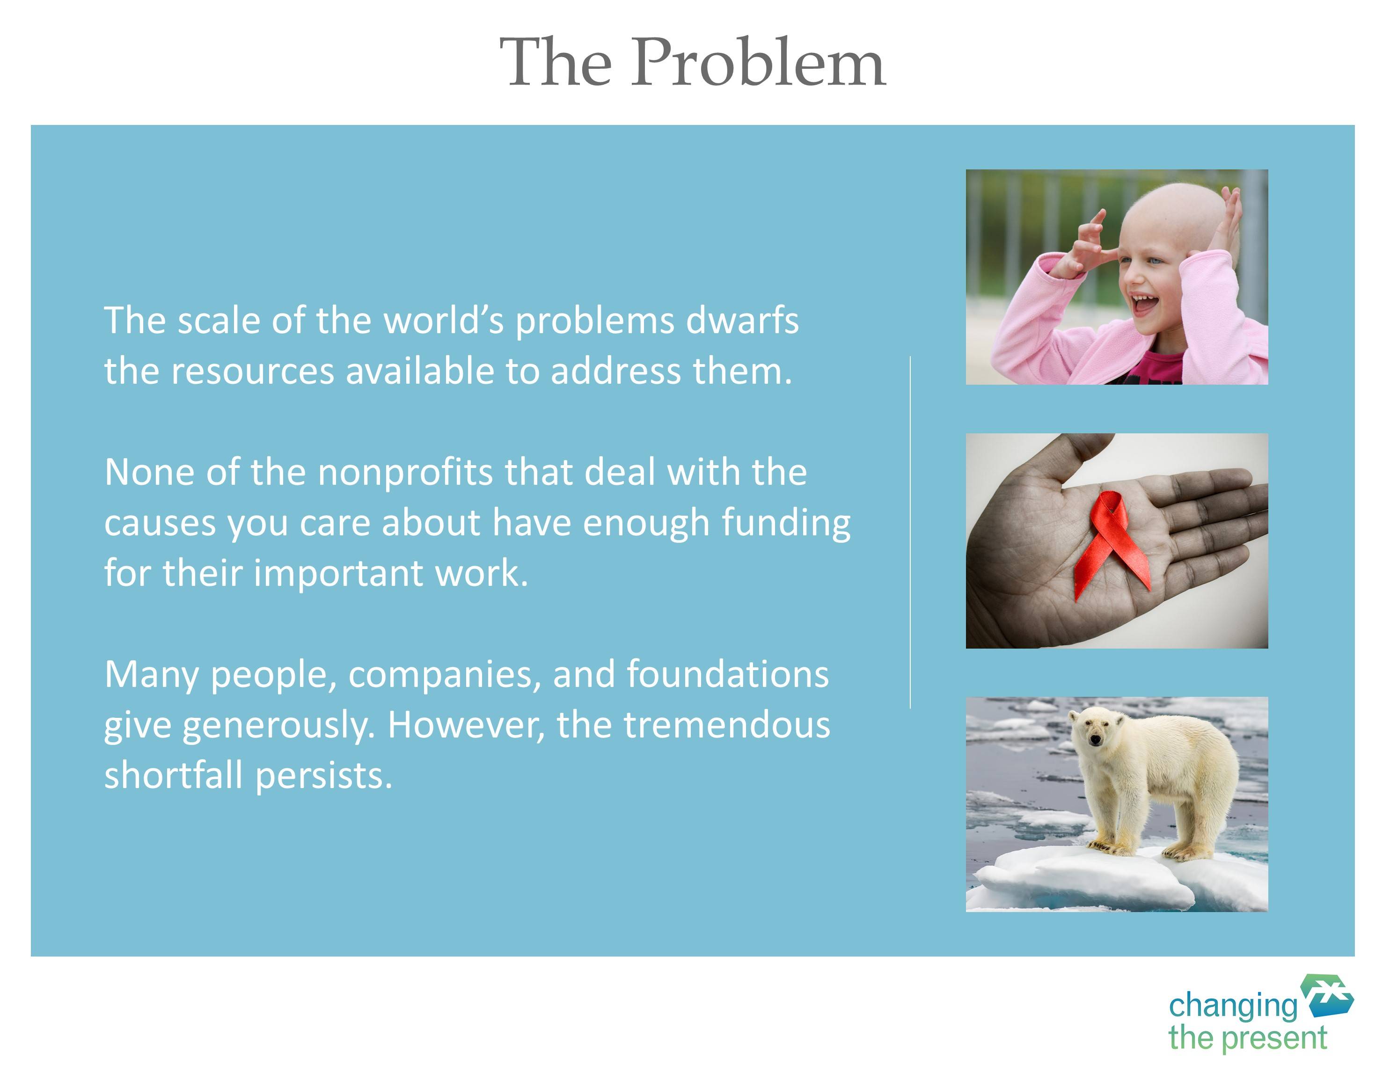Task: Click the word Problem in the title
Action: tap(758, 62)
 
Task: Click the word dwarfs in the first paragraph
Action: tap(742, 320)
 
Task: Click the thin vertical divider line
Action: tap(910, 533)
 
